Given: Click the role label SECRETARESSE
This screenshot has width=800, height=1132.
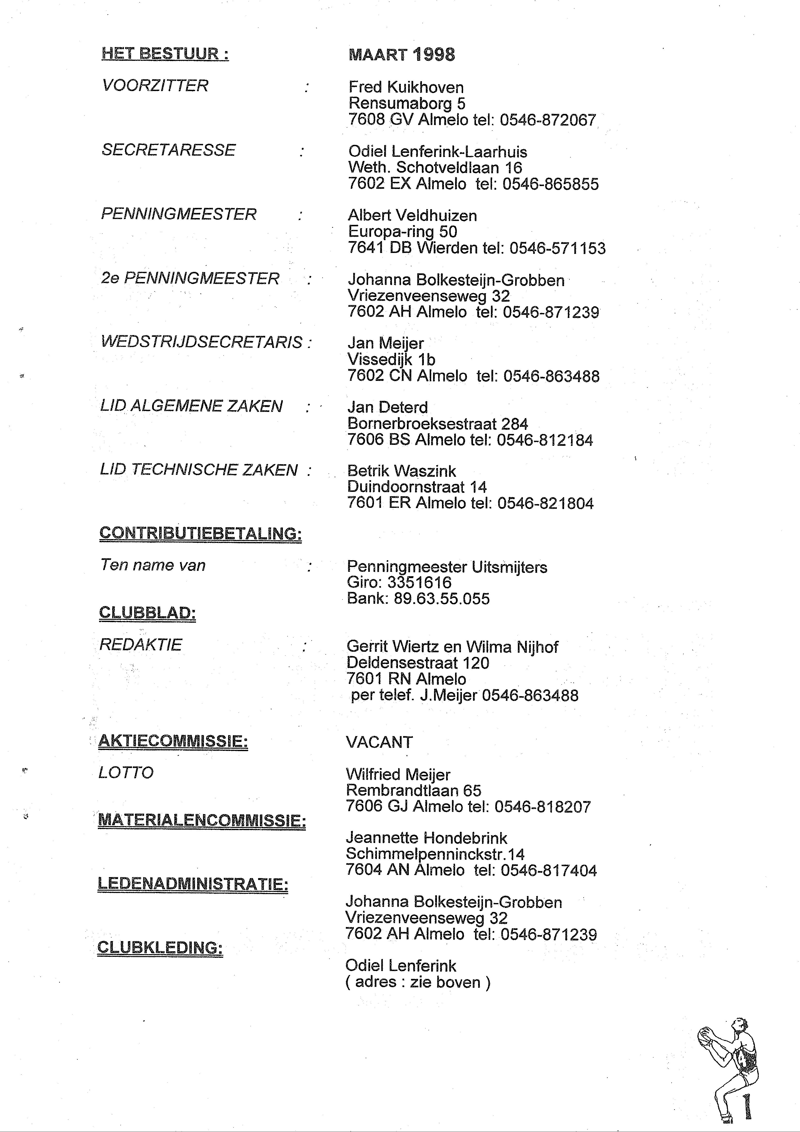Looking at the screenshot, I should coord(169,150).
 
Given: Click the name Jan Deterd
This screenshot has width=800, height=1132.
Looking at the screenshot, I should coord(388,407).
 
